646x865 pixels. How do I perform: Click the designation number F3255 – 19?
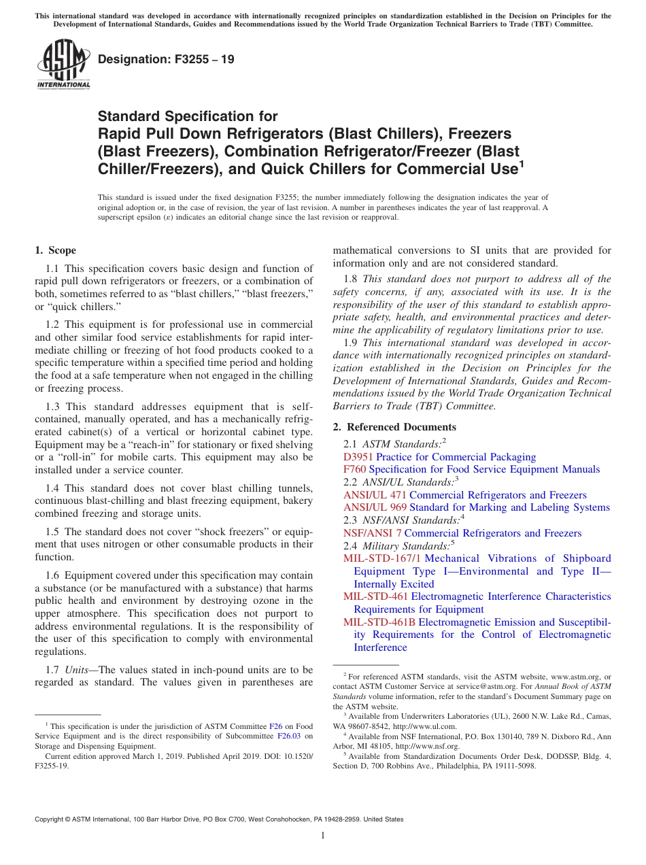point(166,59)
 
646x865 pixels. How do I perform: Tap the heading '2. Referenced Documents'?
point(394,427)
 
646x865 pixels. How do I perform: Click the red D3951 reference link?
point(358,457)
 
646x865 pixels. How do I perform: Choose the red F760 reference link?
point(354,469)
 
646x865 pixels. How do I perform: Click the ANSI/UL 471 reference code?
point(374,495)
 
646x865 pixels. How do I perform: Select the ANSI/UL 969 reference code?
point(374,507)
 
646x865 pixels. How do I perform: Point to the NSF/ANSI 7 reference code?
point(372,533)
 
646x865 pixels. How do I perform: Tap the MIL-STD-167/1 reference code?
point(382,558)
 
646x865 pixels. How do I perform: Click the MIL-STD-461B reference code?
point(379,622)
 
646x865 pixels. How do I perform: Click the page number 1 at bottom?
point(323,836)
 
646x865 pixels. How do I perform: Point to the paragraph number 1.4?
point(52,488)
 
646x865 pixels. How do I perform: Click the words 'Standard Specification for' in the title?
point(188,117)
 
